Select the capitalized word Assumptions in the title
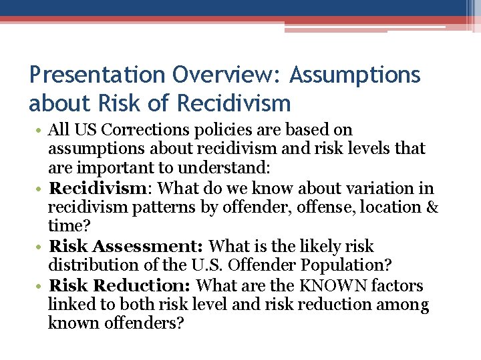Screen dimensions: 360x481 [x=355, y=75]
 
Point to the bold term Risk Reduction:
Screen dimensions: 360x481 [x=121, y=286]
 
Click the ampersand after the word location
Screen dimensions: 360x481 [x=432, y=207]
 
